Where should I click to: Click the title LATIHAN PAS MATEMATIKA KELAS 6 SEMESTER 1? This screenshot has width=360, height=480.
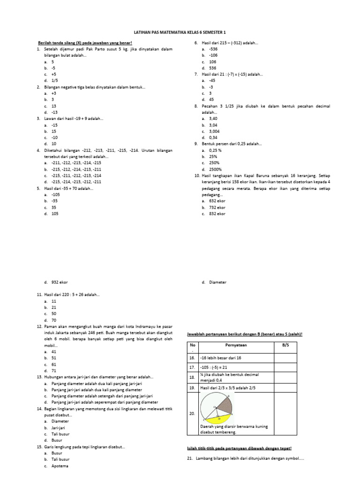(180, 32)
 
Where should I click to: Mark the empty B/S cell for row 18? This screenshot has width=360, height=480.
(285, 377)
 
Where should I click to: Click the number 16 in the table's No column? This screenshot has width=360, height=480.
(192, 357)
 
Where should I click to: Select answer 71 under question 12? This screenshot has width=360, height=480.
(53, 370)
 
